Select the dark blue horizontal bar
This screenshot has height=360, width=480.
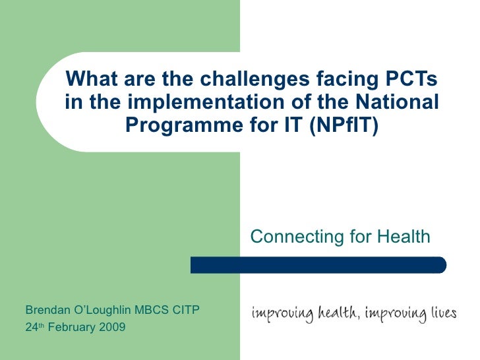(x=318, y=265)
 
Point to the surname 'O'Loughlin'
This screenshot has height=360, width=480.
(x=104, y=309)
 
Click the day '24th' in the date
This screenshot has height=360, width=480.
(x=34, y=326)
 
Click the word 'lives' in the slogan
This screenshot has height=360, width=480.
(x=441, y=313)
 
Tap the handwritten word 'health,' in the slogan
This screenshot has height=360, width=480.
(x=335, y=313)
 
